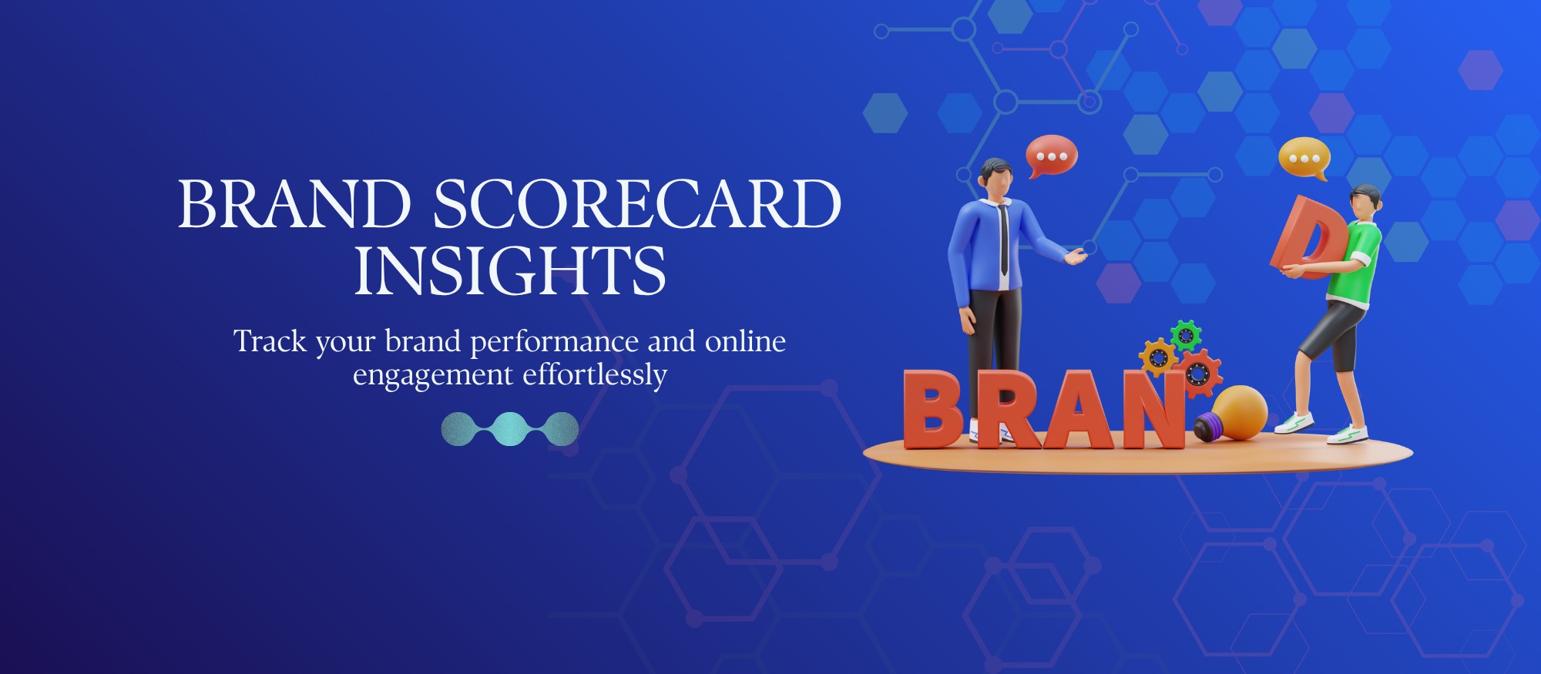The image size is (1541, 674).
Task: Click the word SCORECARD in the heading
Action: [636, 204]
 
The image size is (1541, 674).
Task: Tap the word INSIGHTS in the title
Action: [509, 270]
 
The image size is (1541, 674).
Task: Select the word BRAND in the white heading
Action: [294, 204]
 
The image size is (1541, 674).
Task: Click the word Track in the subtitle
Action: [270, 341]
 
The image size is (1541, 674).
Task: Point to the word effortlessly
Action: [595, 375]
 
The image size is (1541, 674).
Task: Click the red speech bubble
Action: [1051, 155]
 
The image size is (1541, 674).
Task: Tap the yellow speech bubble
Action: [1303, 158]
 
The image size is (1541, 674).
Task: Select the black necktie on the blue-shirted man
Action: [1003, 239]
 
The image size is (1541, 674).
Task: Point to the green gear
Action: [1186, 335]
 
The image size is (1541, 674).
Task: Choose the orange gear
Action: [1157, 357]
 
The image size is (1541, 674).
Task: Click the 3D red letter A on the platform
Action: [1079, 412]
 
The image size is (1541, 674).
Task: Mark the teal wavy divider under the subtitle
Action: [509, 429]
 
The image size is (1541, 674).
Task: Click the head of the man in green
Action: [1365, 203]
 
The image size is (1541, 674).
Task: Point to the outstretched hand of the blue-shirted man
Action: [1075, 257]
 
